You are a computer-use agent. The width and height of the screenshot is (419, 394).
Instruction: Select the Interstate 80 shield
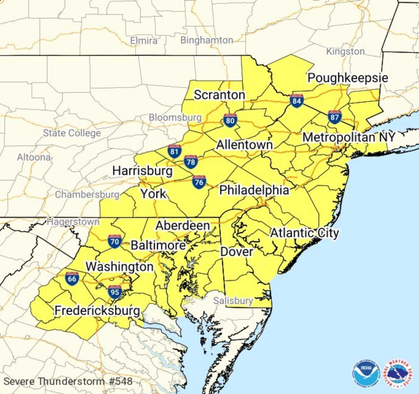230,120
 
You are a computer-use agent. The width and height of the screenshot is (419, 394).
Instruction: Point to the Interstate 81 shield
174,151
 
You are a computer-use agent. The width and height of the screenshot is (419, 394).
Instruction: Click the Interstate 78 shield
191,162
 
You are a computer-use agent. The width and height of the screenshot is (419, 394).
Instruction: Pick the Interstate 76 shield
199,182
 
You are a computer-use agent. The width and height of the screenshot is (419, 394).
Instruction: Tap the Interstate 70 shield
115,241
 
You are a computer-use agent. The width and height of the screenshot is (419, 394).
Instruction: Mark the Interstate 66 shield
72,278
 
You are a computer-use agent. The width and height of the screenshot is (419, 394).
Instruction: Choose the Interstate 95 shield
115,292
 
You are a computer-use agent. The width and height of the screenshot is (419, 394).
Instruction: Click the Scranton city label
219,95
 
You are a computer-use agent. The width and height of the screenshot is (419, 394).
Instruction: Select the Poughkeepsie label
348,78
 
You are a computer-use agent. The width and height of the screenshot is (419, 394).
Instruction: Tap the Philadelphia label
254,190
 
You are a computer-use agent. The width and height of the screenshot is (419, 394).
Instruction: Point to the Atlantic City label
304,233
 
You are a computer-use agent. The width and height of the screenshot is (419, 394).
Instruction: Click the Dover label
237,251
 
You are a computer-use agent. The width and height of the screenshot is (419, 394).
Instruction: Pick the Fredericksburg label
97,310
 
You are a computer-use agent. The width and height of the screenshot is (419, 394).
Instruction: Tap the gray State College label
72,133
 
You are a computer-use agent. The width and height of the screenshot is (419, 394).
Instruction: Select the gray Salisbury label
233,300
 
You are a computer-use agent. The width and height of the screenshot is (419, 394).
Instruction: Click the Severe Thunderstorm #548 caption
68,381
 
